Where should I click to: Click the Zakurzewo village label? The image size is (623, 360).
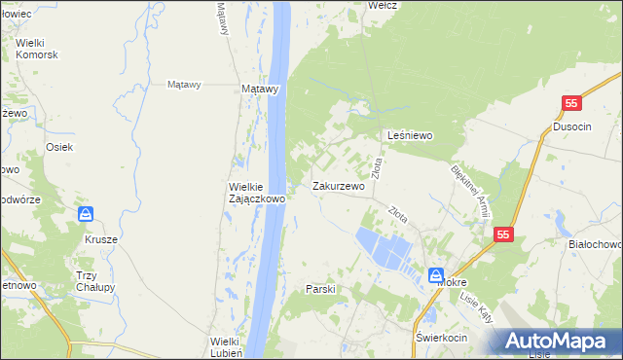coord(338,186)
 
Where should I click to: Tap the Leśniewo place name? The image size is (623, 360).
coord(410,136)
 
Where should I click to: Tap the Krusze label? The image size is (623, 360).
coord(100,239)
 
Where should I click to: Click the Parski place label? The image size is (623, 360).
coord(320,289)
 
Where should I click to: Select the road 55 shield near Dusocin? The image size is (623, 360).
coord(571,103)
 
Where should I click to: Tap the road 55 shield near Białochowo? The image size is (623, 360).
coord(502,234)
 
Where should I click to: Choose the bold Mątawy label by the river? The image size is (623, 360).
coord(260,88)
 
